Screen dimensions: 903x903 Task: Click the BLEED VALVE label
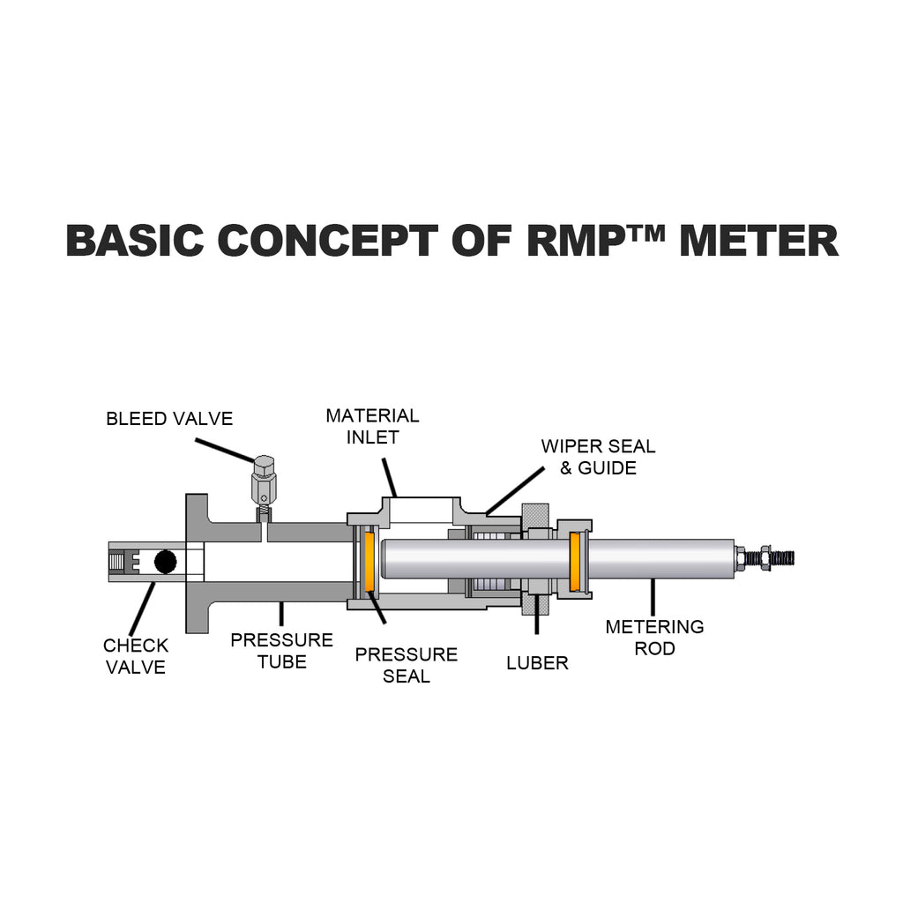click(x=169, y=419)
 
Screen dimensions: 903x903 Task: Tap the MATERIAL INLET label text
click(x=373, y=426)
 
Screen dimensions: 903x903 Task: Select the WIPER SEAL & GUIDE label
click(x=599, y=457)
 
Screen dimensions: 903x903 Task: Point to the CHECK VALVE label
click(x=136, y=656)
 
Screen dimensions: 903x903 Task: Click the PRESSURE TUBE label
click(x=281, y=651)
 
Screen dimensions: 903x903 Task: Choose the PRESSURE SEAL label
click(x=407, y=665)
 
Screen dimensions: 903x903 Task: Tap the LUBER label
click(x=537, y=663)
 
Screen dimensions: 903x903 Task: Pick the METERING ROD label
click(x=655, y=638)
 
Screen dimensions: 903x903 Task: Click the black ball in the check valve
click(x=165, y=562)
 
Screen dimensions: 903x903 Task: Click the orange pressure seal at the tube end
click(x=369, y=562)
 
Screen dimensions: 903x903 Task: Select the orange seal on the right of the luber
click(x=575, y=562)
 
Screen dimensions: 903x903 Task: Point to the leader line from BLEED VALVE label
click(x=225, y=451)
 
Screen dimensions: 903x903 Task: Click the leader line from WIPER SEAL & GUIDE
click(x=515, y=490)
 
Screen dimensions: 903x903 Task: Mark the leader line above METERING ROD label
click(x=653, y=597)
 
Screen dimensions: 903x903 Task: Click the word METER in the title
click(x=759, y=241)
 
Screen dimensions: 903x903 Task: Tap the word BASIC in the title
click(x=135, y=241)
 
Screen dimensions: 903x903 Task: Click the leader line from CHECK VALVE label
click(x=142, y=608)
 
